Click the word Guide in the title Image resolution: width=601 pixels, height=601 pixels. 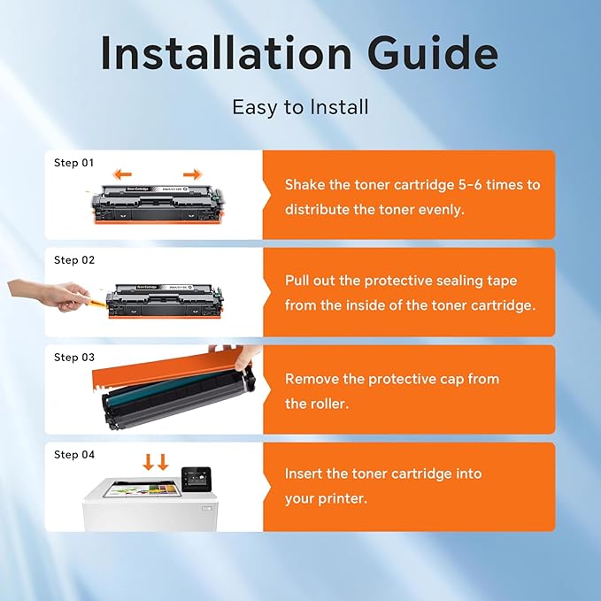[433, 52]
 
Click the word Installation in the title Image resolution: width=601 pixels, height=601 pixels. [226, 52]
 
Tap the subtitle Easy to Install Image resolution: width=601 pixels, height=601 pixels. [301, 107]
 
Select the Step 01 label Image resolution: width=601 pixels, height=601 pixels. [74, 163]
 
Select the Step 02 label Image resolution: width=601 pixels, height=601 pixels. [74, 260]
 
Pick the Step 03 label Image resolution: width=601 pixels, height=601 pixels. [74, 358]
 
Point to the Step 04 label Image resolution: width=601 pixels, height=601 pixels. [74, 455]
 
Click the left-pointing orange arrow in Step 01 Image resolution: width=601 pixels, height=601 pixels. [123, 174]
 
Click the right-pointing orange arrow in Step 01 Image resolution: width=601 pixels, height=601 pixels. [192, 174]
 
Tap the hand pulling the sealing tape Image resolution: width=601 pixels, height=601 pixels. [48, 295]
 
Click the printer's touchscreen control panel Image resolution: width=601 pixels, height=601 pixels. [196, 479]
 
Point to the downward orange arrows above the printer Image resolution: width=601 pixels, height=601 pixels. [156, 462]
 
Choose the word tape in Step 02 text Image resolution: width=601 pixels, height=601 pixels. [502, 281]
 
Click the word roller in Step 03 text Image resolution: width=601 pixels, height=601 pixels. [330, 404]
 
